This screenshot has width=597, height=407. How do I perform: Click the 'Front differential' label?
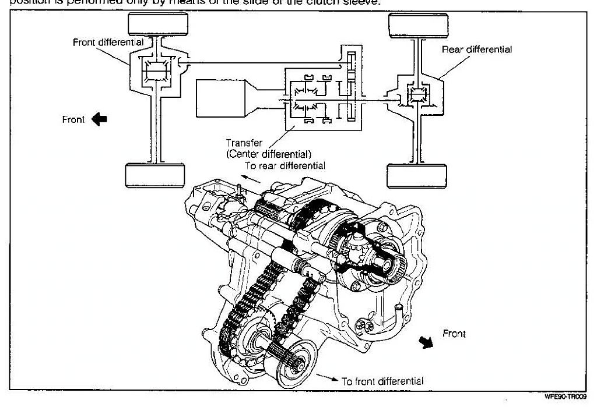pos(108,42)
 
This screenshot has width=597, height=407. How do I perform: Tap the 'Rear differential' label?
pos(477,49)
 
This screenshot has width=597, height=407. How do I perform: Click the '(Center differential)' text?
pos(268,154)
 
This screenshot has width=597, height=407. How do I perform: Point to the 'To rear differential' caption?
pos(285,165)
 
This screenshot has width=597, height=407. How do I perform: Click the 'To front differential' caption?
pos(382,381)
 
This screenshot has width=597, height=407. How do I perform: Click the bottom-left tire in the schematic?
pos(154,175)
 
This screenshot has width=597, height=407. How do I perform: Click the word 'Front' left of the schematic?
pos(73,119)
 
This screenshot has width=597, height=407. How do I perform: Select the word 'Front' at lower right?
pos(454,334)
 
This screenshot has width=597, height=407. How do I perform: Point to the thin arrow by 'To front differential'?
pos(330,378)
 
